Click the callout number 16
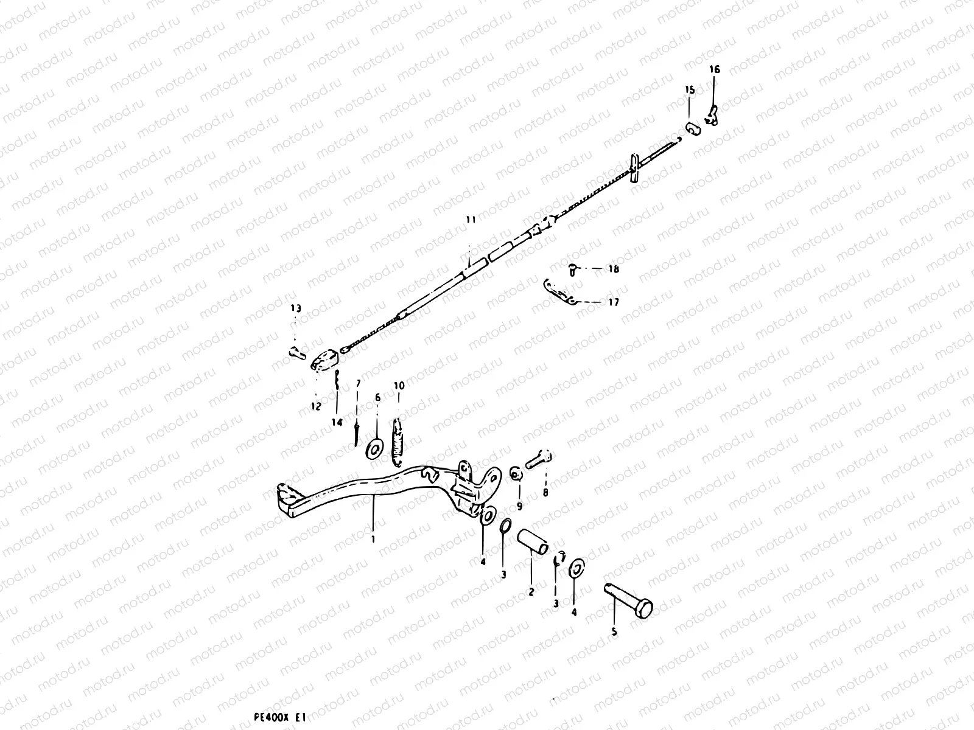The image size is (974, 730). (715, 70)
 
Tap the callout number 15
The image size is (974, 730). (690, 90)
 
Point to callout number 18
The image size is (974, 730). (613, 269)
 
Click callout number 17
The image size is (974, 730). (613, 302)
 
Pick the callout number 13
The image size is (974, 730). (295, 309)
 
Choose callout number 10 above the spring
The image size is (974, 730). (399, 386)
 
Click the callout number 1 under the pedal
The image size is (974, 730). (373, 539)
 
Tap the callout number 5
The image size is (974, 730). (614, 632)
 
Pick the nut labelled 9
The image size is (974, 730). (515, 474)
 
